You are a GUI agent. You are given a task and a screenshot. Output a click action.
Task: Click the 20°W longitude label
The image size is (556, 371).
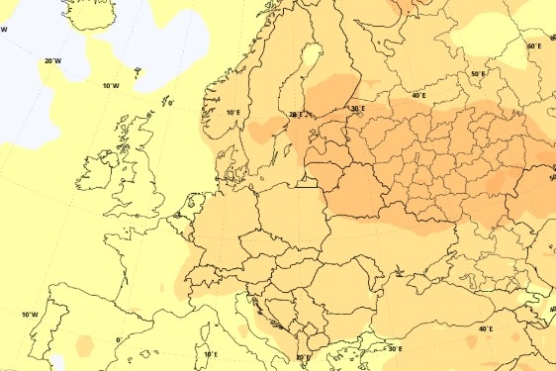53,61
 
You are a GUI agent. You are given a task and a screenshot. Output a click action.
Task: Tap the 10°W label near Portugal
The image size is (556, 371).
31,315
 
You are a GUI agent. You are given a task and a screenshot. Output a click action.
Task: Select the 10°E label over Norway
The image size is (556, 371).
232,114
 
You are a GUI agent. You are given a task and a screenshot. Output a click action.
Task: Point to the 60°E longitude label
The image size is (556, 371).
533,46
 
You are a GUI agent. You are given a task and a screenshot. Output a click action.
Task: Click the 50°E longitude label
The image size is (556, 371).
478,74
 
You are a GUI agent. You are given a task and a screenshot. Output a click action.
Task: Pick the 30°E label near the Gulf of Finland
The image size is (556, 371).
356,109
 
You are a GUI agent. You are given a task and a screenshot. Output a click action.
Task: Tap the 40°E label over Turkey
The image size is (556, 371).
485,328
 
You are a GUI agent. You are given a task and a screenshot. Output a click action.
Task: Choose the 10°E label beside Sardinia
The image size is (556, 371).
210,354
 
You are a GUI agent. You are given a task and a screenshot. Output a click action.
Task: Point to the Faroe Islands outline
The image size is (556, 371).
138,72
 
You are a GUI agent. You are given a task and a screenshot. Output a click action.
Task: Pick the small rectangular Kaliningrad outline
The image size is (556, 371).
307,181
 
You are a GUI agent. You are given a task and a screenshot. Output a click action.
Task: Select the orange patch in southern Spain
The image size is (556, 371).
84,346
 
